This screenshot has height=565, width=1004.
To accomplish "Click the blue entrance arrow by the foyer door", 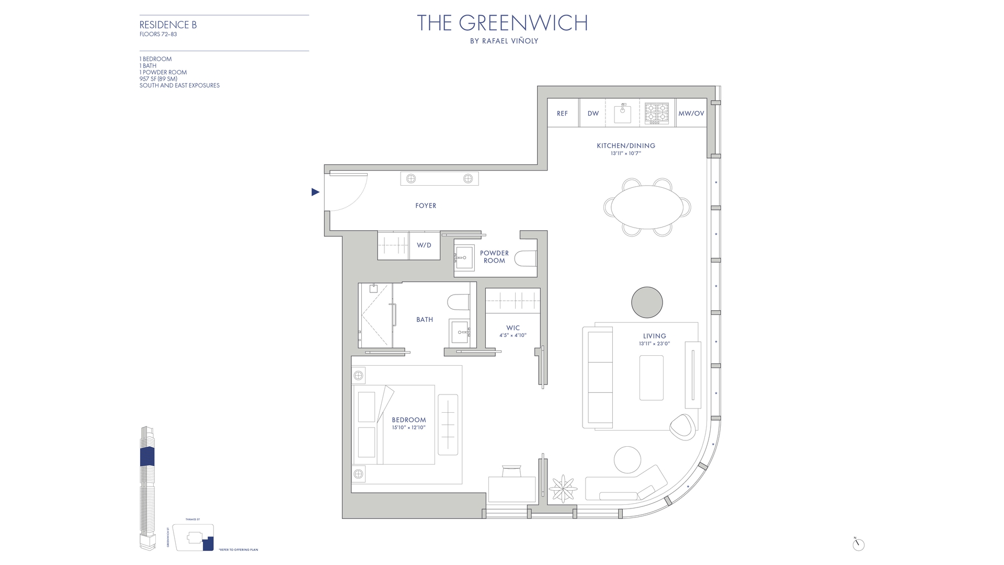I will pos(315,192).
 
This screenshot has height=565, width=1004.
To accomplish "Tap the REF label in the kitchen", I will pos(562,114).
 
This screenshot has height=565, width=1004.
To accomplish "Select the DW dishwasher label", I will pos(593,114).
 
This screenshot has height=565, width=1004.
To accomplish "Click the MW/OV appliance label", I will pos(691,114).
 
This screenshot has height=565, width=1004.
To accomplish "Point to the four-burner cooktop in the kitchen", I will pos(657,113).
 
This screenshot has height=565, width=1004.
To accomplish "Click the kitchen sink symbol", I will pos(622,113).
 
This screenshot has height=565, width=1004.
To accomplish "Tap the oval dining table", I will pos(647,207).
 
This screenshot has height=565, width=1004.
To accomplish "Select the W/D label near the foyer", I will pos(424,245).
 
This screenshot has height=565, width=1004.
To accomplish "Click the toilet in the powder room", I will pos(526,258).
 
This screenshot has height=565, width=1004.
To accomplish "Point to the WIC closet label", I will pos(513,328).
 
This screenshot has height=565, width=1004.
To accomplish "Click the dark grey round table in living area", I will pos(647,302).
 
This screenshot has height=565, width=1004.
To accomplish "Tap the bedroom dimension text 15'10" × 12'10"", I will pos(409,427).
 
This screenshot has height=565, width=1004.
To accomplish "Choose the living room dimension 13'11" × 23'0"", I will pos(654,344).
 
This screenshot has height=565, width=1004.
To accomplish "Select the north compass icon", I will pos(858,545).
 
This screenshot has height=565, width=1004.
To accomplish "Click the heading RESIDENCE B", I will pos(168,25).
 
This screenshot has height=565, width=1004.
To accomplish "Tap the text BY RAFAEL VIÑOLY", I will pos(504,41).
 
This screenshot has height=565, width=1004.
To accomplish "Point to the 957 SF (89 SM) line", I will pos(158,79).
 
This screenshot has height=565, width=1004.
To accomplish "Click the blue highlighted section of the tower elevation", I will pos(147,457).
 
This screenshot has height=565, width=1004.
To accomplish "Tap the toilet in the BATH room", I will pos(458,302).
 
